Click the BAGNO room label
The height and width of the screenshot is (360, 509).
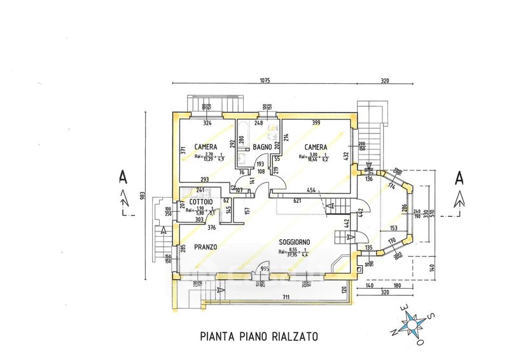click(262, 148)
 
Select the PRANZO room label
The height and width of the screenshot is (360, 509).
click(206, 247)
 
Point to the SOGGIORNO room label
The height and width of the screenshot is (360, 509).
click(294, 242)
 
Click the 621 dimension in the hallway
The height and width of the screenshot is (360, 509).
click(296, 201)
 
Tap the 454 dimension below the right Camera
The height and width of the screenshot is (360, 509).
click(310, 190)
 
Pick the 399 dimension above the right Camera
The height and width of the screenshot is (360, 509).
click(316, 122)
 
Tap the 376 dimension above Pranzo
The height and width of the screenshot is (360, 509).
click(211, 228)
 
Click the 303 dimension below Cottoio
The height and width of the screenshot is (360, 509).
click(200, 219)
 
